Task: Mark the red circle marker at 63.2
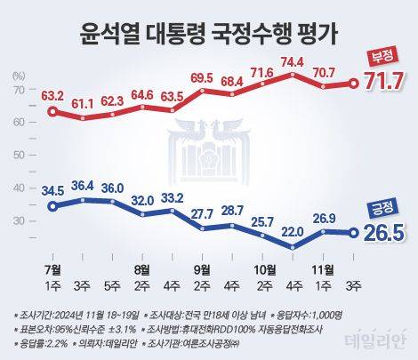(53, 112)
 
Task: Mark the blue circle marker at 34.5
(53, 206)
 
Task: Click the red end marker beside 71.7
(353, 84)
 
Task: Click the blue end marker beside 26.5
(353, 234)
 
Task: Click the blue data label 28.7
(232, 210)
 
